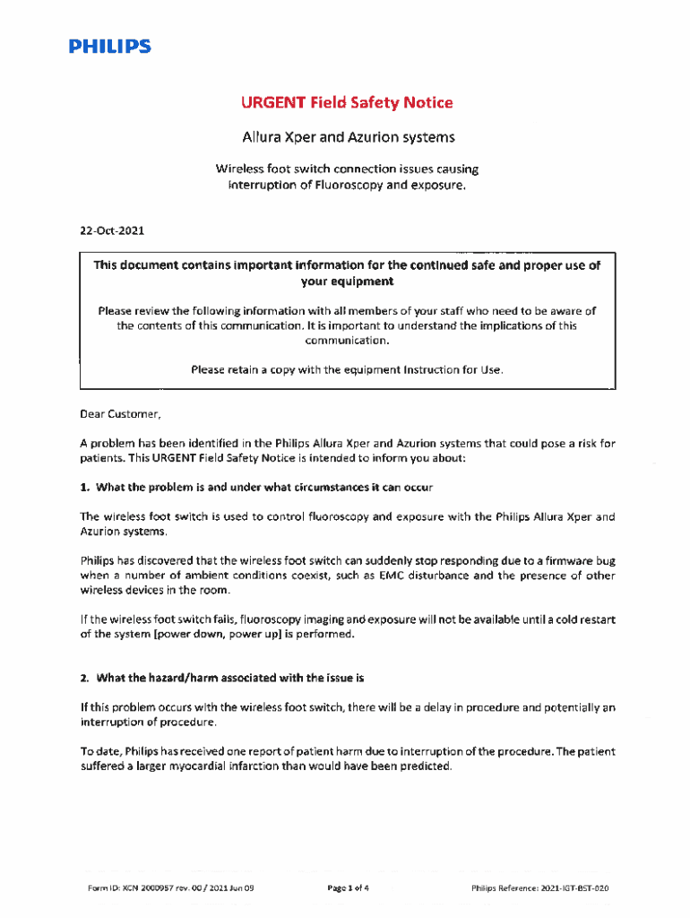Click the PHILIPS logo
pyautogui.click(x=111, y=47)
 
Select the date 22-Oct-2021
pyautogui.click(x=112, y=230)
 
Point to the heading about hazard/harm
pyautogui.click(x=221, y=677)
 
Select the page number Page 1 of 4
pyautogui.click(x=349, y=888)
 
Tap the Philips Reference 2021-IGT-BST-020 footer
pyautogui.click(x=540, y=888)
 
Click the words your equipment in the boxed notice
pyautogui.click(x=347, y=281)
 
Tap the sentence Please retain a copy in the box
pyautogui.click(x=346, y=369)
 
